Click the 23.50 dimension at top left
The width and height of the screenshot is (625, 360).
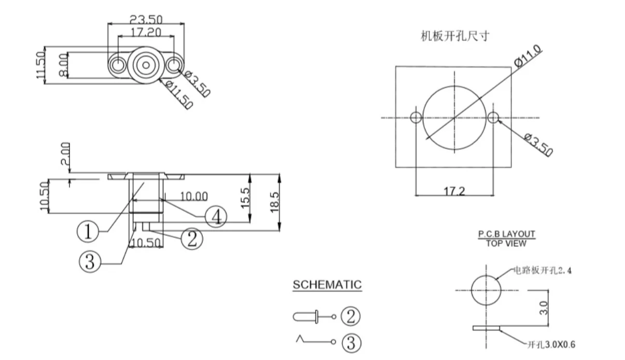146,20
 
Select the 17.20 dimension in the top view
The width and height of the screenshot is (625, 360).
146,33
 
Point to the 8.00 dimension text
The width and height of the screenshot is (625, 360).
62,65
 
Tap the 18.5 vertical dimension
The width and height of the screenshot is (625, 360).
274,202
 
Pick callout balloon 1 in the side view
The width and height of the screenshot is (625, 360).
88,231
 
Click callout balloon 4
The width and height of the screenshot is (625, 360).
216,216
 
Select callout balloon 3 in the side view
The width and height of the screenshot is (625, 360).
90,263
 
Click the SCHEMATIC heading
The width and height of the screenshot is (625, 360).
327,285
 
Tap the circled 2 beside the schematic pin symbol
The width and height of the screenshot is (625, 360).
350,316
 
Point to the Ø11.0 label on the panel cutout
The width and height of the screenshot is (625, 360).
528,56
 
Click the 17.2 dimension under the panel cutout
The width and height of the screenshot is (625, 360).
454,191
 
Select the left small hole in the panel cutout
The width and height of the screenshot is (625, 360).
416,118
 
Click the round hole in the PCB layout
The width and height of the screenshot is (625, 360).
486,291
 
